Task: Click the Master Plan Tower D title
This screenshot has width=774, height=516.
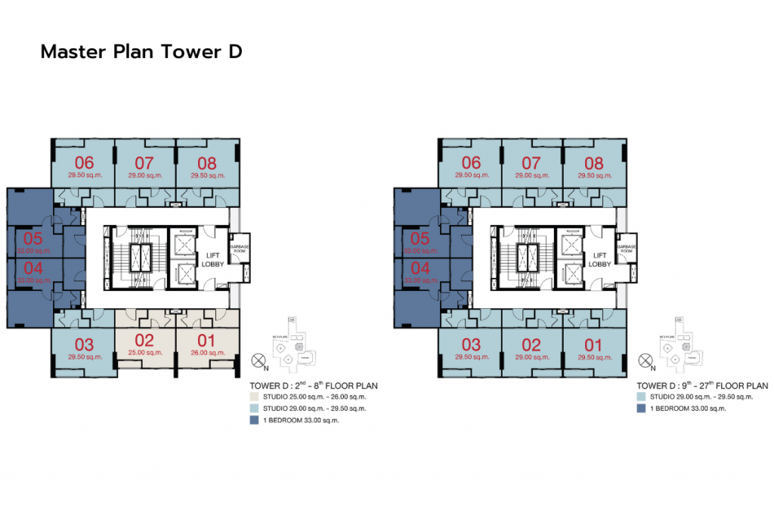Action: click(x=141, y=52)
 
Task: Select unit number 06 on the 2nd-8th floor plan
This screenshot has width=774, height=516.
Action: click(x=84, y=162)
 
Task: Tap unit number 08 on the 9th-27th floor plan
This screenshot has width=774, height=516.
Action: click(x=594, y=162)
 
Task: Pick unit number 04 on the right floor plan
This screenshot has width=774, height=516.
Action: click(x=420, y=267)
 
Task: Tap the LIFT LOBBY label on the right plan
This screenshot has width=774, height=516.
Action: click(x=599, y=260)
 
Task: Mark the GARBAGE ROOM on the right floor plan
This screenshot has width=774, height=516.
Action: click(x=626, y=249)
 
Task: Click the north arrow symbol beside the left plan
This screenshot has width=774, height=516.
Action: click(x=259, y=360)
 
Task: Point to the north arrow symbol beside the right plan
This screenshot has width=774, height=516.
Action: click(x=646, y=360)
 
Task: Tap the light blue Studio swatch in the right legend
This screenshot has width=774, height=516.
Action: click(x=642, y=397)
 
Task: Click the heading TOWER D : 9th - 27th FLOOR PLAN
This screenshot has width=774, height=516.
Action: click(x=702, y=385)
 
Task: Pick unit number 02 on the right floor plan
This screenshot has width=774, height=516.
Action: click(x=532, y=345)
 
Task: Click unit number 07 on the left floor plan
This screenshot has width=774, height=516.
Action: click(x=144, y=162)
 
